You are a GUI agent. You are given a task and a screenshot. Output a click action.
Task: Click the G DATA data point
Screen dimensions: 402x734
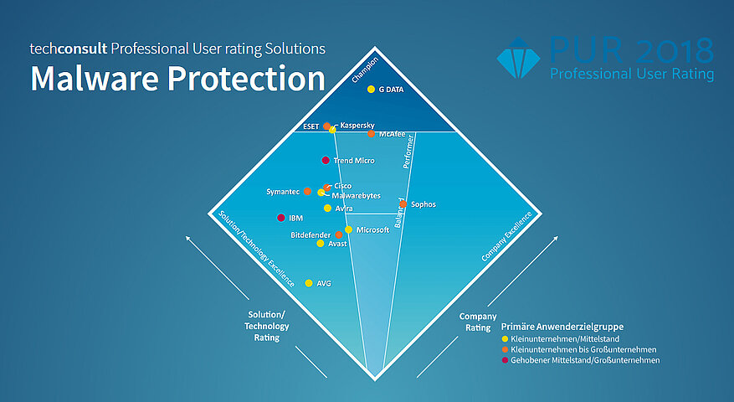tap(371, 90)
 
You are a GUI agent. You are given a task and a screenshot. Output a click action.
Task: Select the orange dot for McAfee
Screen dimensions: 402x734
tap(371, 134)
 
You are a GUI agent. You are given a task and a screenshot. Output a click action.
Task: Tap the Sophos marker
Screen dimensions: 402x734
tap(403, 204)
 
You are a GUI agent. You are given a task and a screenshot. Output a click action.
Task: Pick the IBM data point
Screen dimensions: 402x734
tap(280, 219)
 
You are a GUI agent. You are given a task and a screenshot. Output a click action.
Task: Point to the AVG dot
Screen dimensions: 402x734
tap(309, 283)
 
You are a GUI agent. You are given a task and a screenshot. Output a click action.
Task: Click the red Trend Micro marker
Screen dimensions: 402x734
tap(326, 160)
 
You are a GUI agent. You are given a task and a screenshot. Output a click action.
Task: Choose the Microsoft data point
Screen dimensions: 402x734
tap(348, 229)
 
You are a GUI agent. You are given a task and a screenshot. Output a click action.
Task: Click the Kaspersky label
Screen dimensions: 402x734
tap(357, 125)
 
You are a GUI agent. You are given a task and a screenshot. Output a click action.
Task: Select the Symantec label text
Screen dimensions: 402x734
tap(283, 192)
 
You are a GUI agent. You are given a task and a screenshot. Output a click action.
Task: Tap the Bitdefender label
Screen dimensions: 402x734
tap(311, 235)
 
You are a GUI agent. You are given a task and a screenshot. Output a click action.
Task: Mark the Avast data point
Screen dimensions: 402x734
tap(321, 244)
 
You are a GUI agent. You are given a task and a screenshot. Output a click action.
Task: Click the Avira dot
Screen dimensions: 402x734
tap(327, 208)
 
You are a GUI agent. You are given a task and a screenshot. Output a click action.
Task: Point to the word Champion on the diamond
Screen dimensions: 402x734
tap(365, 70)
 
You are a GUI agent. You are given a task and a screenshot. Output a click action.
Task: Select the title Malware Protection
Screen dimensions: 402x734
tap(177, 79)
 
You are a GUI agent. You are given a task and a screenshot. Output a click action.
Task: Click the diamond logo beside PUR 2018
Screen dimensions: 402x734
tap(519, 58)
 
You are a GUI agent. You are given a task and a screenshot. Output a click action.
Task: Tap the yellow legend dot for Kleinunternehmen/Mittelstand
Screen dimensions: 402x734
tap(505, 338)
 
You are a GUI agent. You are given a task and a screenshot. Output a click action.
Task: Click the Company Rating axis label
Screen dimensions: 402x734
tap(479, 322)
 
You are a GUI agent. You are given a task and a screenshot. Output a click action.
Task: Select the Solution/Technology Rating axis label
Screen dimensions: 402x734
tap(266, 327)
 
